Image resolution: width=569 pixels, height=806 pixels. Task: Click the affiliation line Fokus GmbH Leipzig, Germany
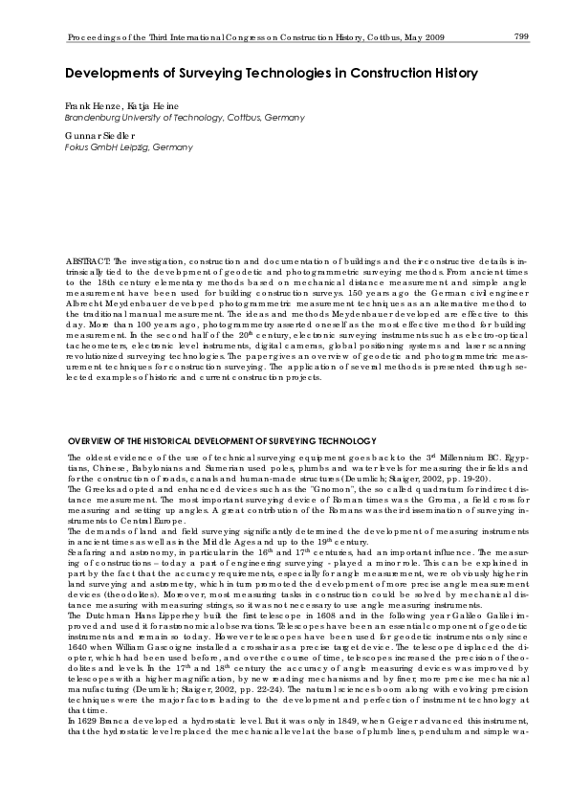point(128,148)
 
